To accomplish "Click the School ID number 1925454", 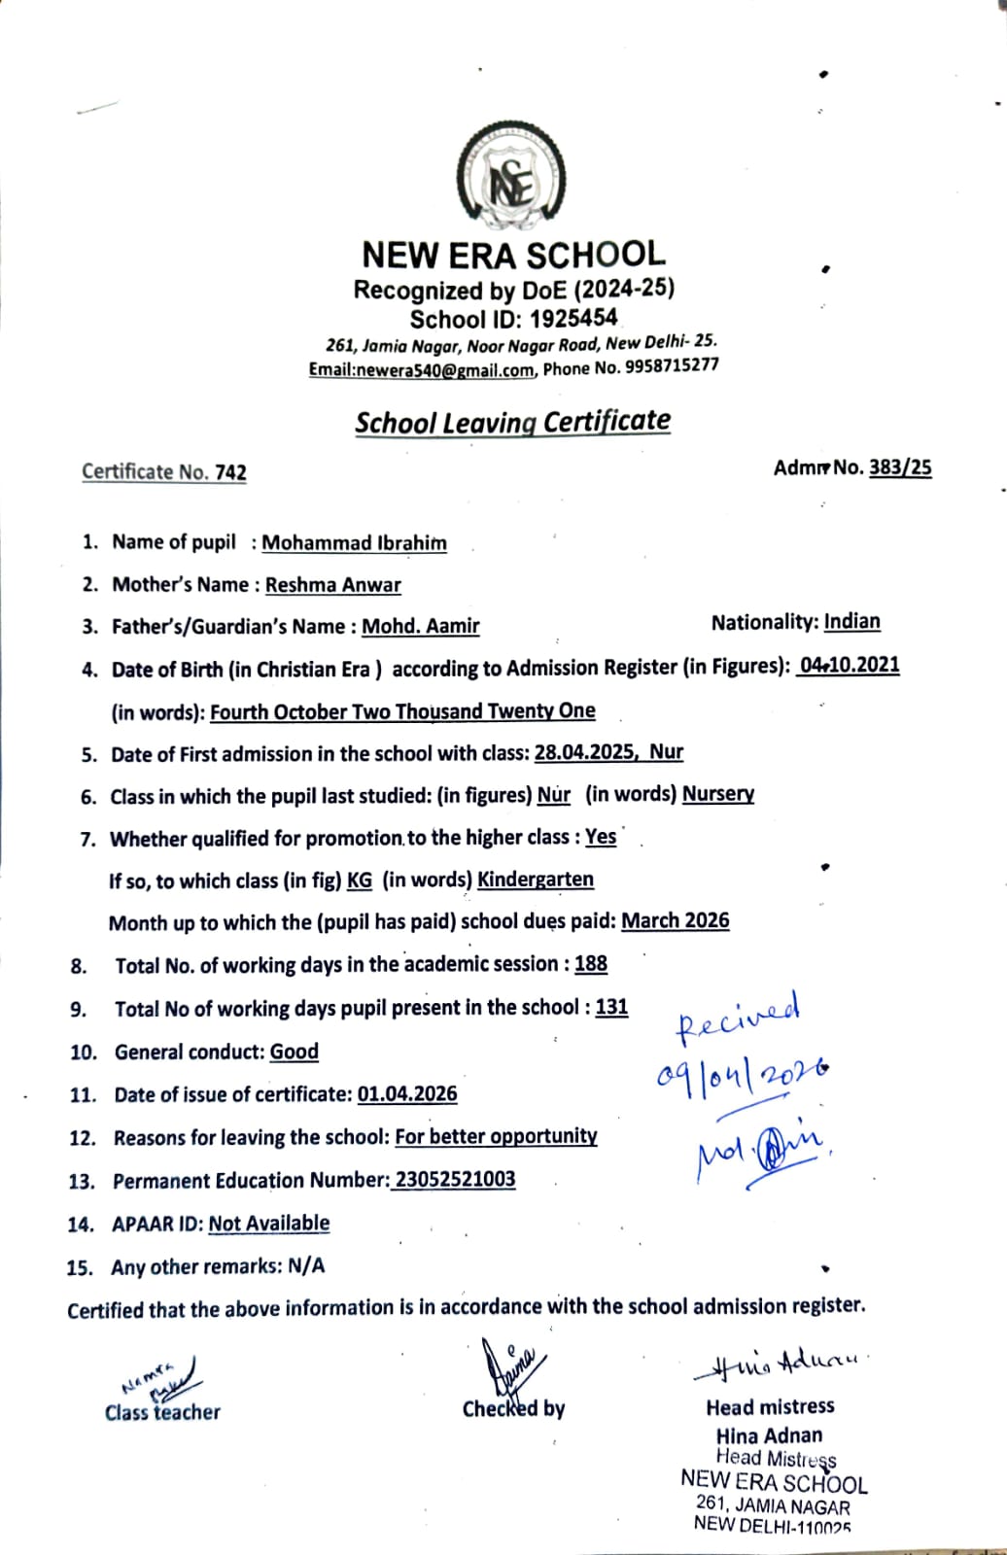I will click(x=574, y=318).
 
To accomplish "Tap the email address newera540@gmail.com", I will click(x=422, y=370).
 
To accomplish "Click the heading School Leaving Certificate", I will click(x=512, y=422).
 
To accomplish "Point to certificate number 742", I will click(x=230, y=472).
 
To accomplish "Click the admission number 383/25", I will click(x=900, y=467).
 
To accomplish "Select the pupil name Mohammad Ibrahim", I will click(x=354, y=542).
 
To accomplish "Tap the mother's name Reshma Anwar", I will click(x=332, y=584).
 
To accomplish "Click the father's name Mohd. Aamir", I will click(x=420, y=626).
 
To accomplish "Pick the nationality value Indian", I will click(x=851, y=621).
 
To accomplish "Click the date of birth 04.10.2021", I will click(x=849, y=666).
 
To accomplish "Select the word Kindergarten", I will click(x=535, y=879).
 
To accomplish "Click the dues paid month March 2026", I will click(x=675, y=920).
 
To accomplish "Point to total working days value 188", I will click(x=590, y=963).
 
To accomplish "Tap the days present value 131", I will click(x=611, y=1007).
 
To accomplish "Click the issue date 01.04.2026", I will click(x=406, y=1093).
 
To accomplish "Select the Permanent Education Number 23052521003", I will click(x=455, y=1179).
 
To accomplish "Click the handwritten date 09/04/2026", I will click(x=743, y=1072).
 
